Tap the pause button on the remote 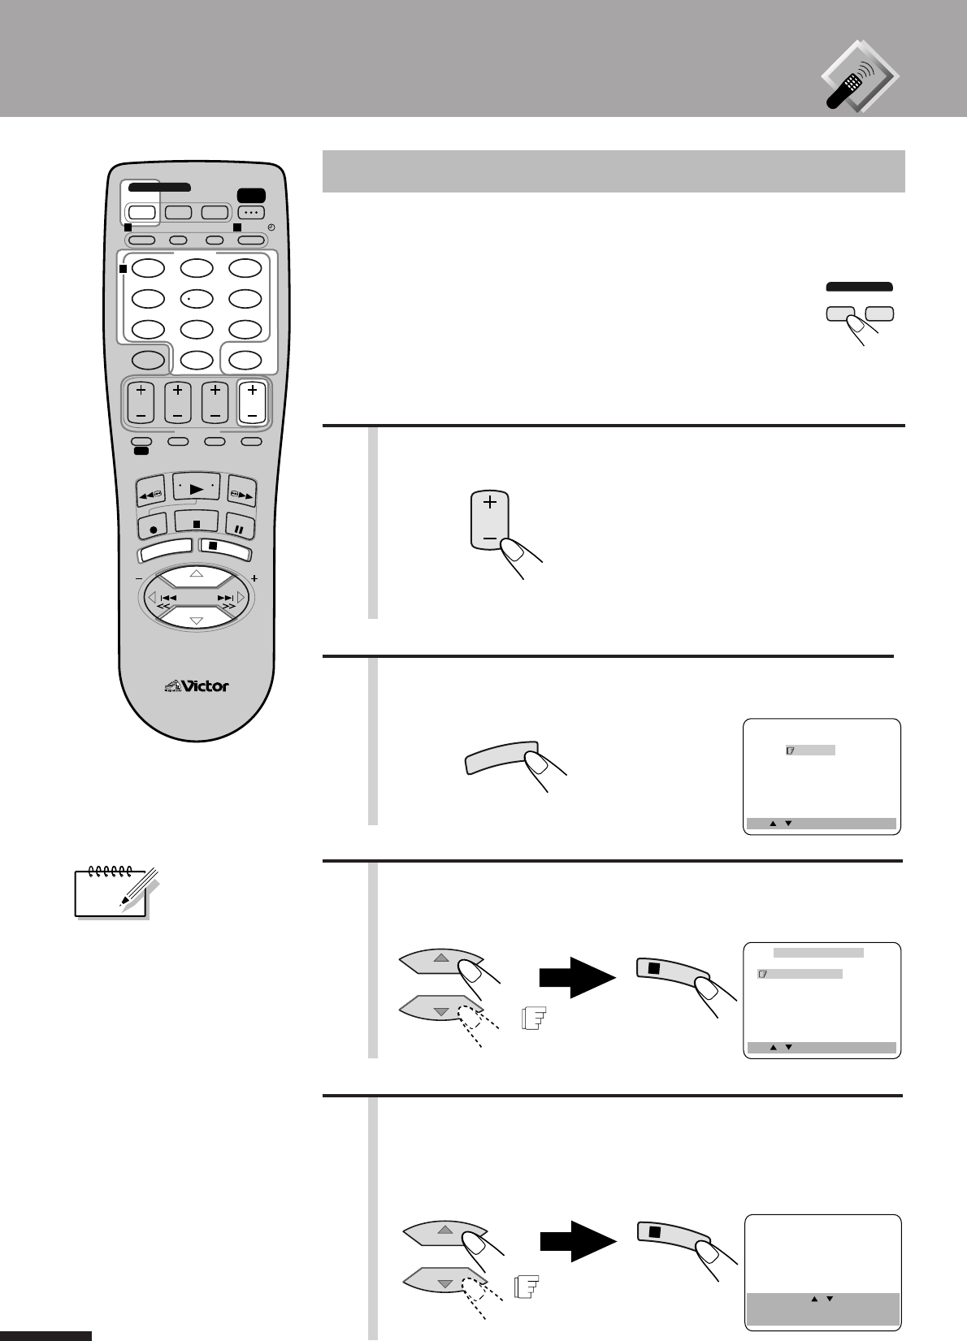pos(240,528)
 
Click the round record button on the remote pos(152,528)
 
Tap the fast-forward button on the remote pos(241,491)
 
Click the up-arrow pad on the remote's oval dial pos(196,575)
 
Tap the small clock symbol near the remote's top pos(271,227)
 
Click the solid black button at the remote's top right pos(249,195)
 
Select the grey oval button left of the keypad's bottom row pos(148,360)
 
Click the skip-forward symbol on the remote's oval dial pos(225,598)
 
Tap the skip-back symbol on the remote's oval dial pos(168,598)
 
